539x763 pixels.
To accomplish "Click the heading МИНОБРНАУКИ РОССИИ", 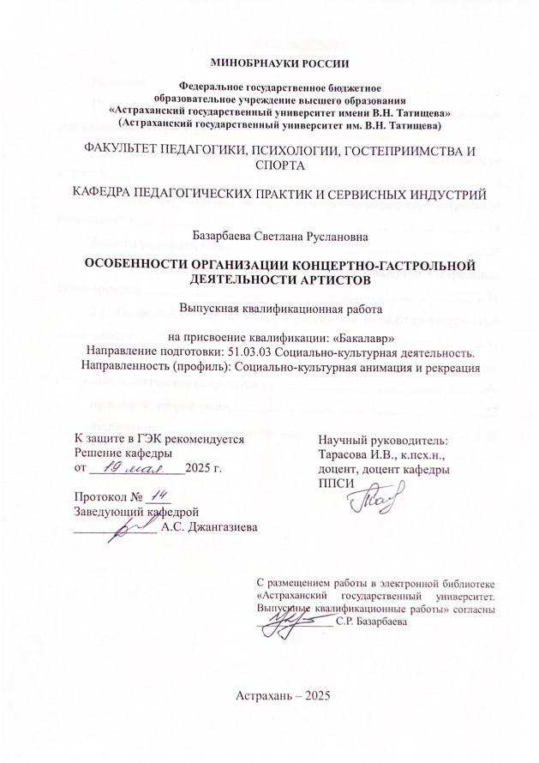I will coord(269,63).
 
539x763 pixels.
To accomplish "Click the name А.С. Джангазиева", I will coord(209,526).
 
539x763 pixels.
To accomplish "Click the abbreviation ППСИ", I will coord(335,485).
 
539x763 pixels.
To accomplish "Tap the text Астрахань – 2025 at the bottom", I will coord(282,695).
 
